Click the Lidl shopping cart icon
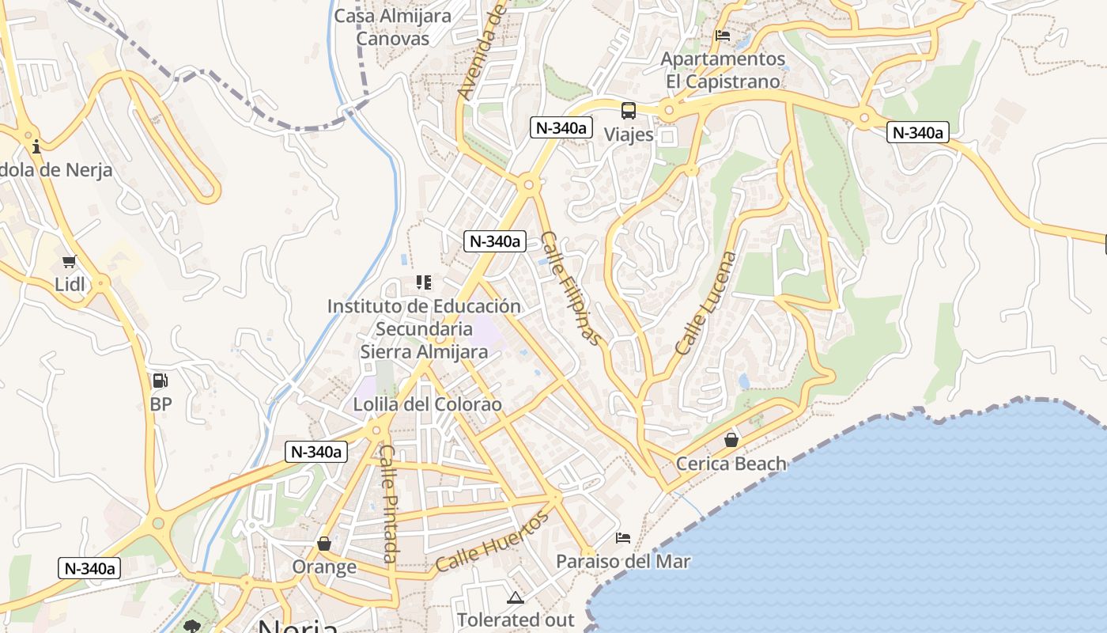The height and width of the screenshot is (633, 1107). tap(69, 261)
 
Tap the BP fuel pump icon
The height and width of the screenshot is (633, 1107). tap(160, 381)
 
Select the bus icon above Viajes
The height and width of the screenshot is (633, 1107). tap(629, 111)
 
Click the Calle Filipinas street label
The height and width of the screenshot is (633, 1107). tap(571, 288)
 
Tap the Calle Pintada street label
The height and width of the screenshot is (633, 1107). tap(388, 504)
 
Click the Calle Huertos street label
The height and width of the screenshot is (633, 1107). tap(492, 542)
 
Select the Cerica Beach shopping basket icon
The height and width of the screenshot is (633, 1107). tap(731, 440)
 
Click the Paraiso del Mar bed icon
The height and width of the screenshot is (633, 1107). tap(623, 538)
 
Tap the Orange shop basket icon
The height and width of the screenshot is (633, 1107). tap(324, 544)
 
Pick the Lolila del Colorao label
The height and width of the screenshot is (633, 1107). tap(427, 404)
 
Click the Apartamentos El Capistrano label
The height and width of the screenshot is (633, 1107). tap(723, 70)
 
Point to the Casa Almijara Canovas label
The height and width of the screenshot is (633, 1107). tap(393, 27)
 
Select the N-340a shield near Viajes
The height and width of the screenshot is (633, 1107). tap(561, 127)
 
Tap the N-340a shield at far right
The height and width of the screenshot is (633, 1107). tap(917, 132)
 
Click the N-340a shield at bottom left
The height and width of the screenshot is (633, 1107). tap(89, 567)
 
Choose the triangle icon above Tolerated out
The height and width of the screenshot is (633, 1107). tap(516, 597)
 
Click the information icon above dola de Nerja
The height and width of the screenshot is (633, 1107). tap(36, 147)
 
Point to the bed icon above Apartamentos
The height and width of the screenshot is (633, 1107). tap(722, 36)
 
